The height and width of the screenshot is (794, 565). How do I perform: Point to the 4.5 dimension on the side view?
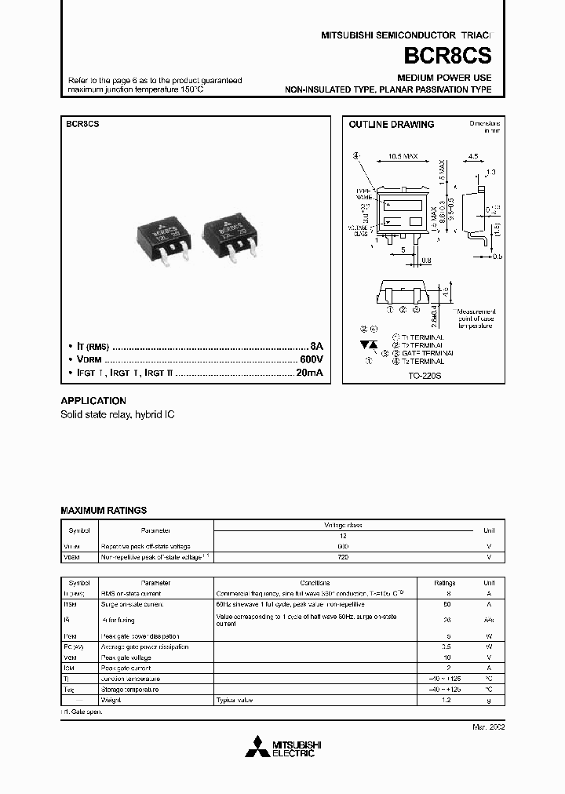click(472, 156)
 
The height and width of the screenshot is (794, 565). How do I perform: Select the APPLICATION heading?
click(93, 400)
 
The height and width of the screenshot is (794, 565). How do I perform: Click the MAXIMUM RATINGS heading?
click(104, 510)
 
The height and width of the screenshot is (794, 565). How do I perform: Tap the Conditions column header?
click(315, 583)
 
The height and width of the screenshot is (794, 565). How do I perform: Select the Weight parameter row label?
click(111, 698)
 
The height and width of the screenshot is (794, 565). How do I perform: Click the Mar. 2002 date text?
click(487, 727)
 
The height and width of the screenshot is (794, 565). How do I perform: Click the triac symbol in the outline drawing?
click(369, 345)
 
